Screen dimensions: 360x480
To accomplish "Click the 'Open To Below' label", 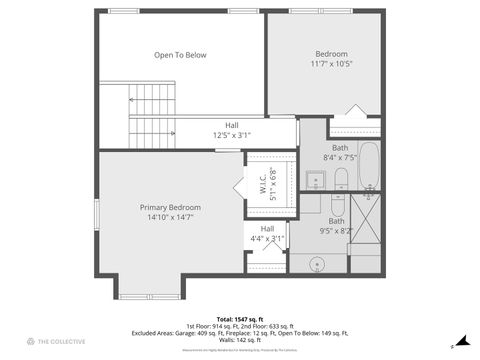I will coord(180,55).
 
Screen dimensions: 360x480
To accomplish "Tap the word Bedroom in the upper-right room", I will coord(331,54).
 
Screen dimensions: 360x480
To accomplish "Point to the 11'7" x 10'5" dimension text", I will coord(331,64).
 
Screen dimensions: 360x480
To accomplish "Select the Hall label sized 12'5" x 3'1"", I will coord(231,125).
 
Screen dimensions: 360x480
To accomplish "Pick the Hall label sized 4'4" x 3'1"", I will coord(267,229).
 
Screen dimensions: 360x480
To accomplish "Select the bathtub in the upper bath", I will coord(368,166).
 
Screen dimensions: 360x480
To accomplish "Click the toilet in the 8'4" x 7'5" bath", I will coord(341,179).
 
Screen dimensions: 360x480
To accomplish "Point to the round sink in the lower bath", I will coord(317,264).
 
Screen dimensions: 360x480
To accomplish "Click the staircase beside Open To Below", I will coord(151,112).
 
